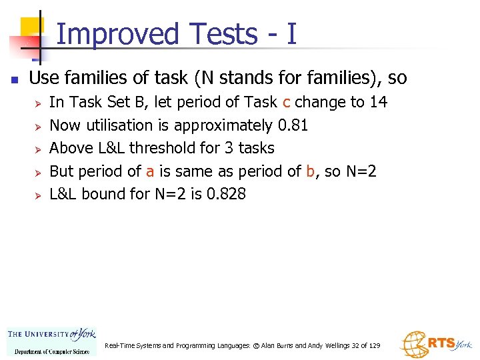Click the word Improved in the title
pos(119,34)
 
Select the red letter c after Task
pos(286,102)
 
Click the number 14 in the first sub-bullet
pos(378,102)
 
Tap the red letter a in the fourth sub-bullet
pos(150,171)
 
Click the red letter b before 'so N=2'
pos(310,171)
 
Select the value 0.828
pos(225,194)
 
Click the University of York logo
pos(51,341)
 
